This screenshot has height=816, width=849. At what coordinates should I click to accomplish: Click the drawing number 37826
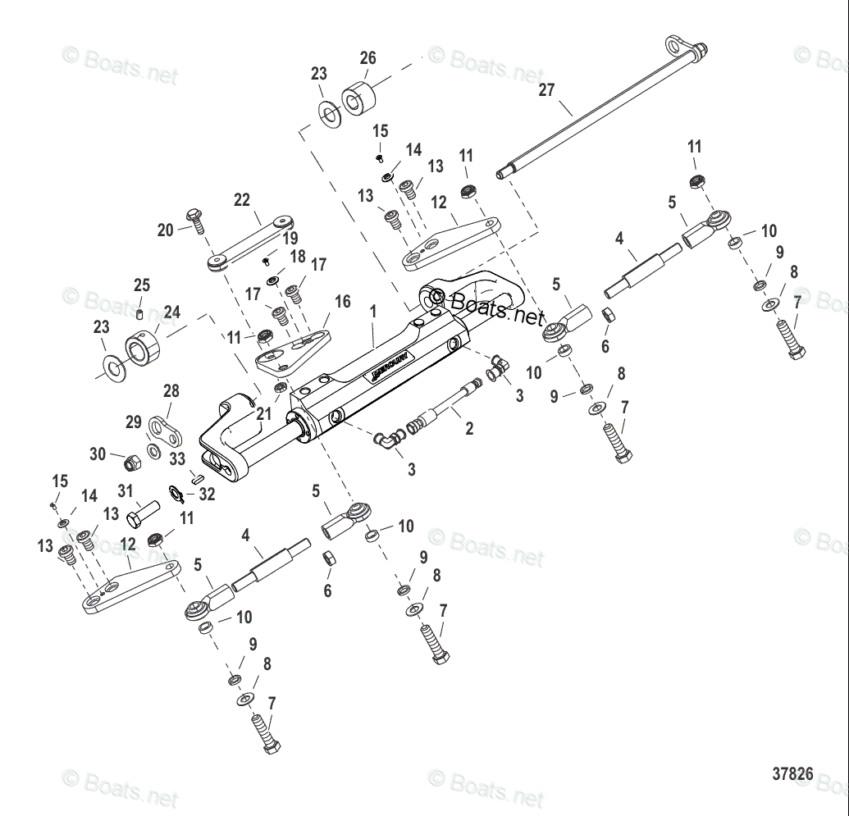click(x=792, y=773)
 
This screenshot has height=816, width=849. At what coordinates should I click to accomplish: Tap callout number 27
click(x=547, y=90)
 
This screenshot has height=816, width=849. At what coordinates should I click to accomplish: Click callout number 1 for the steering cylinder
click(x=372, y=312)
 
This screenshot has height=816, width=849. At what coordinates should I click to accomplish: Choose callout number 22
click(x=241, y=200)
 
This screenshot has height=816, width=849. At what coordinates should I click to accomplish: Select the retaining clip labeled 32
click(x=176, y=492)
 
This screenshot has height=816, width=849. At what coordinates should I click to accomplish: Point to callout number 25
click(x=142, y=285)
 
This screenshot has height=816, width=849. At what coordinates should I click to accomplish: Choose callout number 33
click(x=177, y=459)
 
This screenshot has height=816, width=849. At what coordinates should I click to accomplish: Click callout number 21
click(x=263, y=415)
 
